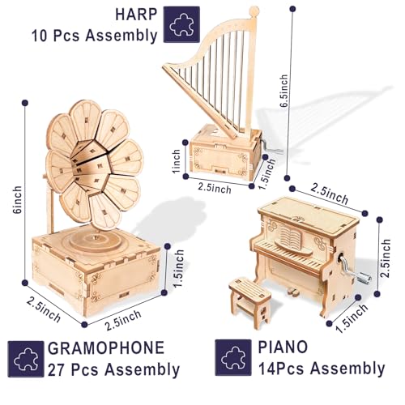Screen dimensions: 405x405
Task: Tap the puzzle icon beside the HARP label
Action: tap(181, 25)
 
